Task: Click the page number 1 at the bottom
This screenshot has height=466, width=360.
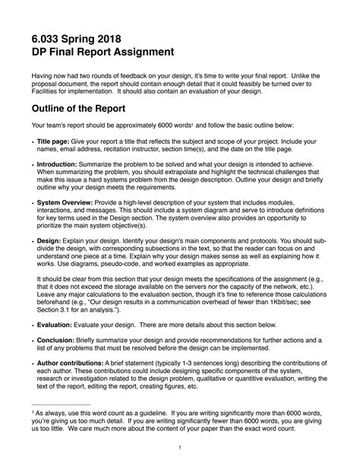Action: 178,448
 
